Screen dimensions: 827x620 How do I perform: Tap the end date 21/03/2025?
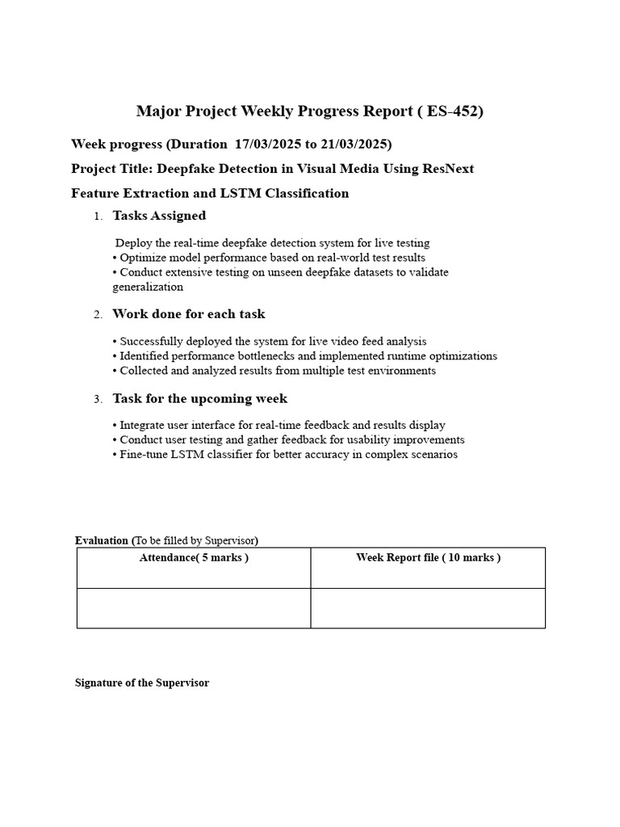[352, 145]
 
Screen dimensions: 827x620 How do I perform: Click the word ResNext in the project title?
[446, 169]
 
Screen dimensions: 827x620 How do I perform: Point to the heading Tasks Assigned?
[159, 216]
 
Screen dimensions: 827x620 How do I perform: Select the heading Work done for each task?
[188, 314]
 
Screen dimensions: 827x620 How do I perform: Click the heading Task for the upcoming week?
[199, 399]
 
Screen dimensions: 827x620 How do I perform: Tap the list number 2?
[98, 315]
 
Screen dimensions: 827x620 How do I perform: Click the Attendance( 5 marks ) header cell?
[194, 558]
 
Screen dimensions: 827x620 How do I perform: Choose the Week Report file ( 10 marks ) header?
[428, 558]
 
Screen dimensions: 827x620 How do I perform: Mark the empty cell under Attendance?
[194, 608]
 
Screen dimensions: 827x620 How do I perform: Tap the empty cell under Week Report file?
[428, 608]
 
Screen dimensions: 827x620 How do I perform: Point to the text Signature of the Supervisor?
[142, 683]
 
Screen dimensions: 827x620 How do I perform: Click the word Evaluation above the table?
[102, 540]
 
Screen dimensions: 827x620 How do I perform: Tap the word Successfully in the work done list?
[153, 342]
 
